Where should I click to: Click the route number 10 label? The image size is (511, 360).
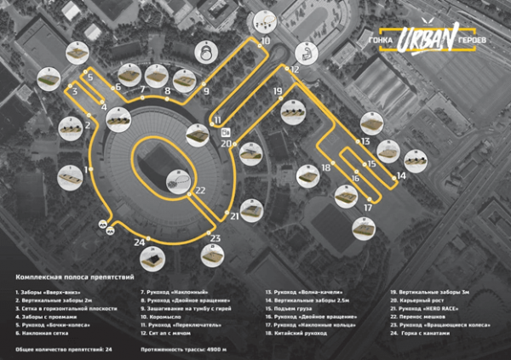tap(266, 40)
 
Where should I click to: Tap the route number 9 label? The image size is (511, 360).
tap(205, 90)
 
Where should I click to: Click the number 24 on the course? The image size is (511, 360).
tap(140, 243)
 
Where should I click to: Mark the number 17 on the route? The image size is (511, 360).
tap(368, 208)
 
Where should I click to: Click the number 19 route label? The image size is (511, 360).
tap(278, 90)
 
